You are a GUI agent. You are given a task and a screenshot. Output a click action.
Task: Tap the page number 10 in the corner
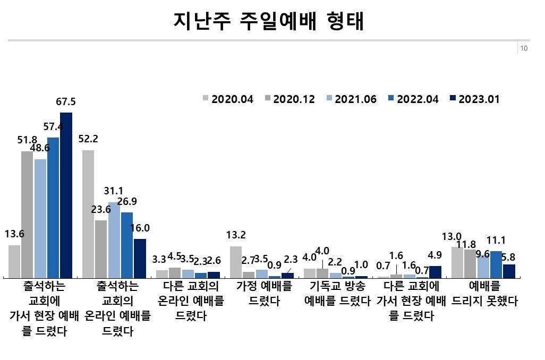(x=524, y=48)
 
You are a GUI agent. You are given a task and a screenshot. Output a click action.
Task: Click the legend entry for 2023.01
(x=474, y=99)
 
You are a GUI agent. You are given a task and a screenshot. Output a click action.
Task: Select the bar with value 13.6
(x=14, y=261)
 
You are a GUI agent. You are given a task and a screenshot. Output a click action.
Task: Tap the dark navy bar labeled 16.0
(x=140, y=258)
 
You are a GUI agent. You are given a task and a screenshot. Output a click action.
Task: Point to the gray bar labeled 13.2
(x=236, y=262)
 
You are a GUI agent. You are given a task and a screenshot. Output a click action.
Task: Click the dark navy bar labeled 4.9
(x=435, y=271)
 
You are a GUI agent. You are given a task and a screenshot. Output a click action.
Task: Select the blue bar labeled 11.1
(x=496, y=264)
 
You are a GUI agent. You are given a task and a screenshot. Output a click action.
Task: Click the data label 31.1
(x=114, y=190)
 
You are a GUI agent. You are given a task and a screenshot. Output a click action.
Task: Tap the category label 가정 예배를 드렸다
(x=264, y=294)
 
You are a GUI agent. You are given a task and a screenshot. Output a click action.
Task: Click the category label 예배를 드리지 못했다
(x=484, y=294)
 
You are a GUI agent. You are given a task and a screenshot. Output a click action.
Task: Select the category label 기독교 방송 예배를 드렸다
(x=337, y=294)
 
